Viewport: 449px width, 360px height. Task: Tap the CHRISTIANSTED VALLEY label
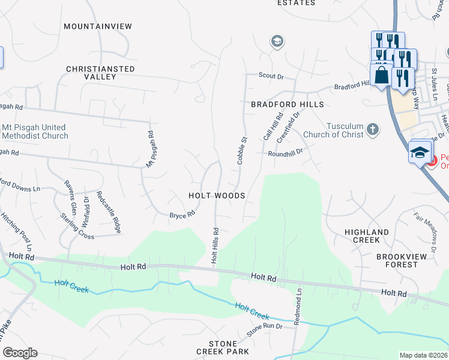100,73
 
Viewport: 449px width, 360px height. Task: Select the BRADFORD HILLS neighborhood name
287,104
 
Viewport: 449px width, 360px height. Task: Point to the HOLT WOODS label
217,196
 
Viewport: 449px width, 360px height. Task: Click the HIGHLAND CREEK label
366,236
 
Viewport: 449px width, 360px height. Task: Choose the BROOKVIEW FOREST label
397,260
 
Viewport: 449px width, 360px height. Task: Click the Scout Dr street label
271,76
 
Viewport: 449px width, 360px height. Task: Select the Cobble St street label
243,151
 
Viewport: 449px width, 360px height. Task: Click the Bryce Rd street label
182,214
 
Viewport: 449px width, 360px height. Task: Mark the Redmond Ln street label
298,305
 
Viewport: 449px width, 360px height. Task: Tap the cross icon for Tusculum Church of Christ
373,129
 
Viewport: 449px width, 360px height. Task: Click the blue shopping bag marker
381,76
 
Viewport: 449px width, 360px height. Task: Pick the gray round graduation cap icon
277,41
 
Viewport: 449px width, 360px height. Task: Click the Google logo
20,353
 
